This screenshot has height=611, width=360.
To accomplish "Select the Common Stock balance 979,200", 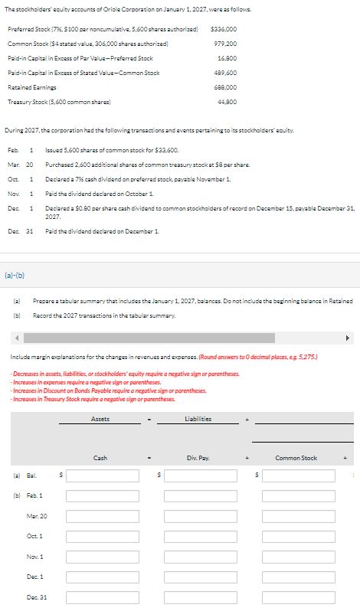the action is click(224, 43).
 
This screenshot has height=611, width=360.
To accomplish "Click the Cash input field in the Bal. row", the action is click(100, 475).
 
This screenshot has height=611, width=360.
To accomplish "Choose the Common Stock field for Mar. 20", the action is click(296, 516).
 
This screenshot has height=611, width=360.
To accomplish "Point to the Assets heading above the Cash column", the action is click(100, 418).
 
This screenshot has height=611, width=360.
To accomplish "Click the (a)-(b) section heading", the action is click(16, 270).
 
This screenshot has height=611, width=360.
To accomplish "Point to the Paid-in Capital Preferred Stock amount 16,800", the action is click(227, 57).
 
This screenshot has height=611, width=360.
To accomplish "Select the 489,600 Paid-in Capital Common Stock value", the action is click(224, 72).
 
